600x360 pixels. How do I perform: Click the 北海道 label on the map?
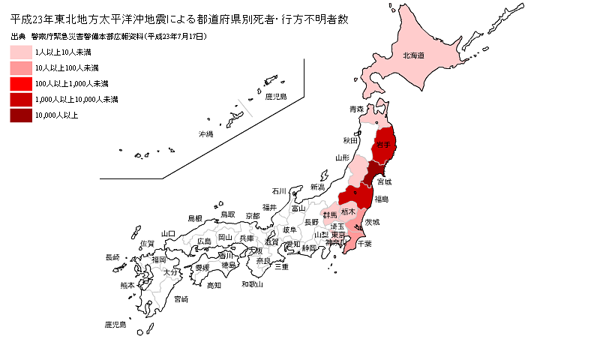(x=414, y=55)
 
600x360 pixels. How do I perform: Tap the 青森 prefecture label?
(x=356, y=109)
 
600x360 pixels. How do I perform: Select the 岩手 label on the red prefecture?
(x=384, y=145)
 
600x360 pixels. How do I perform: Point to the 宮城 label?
(x=383, y=181)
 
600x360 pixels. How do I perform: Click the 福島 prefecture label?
(x=381, y=199)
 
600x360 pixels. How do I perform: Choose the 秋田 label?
(x=350, y=140)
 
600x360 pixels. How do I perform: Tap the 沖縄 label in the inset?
(x=205, y=134)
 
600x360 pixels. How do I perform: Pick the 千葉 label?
(x=364, y=244)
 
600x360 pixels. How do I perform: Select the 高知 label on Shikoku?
(x=214, y=285)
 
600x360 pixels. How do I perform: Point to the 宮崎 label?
(x=181, y=299)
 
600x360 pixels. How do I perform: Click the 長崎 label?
(x=112, y=257)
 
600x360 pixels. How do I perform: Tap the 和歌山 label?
(x=252, y=285)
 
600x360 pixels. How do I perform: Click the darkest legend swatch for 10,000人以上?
(x=21, y=115)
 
